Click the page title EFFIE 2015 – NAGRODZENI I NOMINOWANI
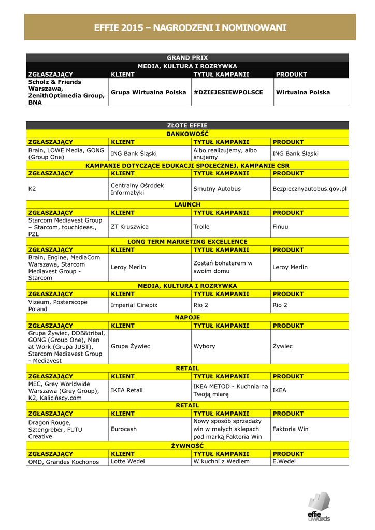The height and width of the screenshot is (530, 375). click(x=190, y=27)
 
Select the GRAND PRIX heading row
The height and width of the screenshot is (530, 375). click(x=187, y=57)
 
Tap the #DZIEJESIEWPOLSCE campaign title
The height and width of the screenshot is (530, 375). click(x=228, y=92)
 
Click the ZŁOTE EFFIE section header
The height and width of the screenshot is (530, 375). click(x=187, y=125)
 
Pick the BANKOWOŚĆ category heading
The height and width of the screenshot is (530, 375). click(x=187, y=134)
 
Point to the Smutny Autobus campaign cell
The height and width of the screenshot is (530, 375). click(x=217, y=189)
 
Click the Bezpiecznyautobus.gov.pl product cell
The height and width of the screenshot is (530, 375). click(x=309, y=189)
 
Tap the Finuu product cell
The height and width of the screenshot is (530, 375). click(x=280, y=227)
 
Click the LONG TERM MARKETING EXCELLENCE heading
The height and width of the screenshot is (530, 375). click(x=187, y=242)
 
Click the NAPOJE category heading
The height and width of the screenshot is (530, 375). click(x=187, y=317)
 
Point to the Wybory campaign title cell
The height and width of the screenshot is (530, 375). click(x=204, y=346)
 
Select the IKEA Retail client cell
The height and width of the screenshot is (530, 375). click(x=127, y=390)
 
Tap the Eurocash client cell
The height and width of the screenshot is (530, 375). click(x=124, y=429)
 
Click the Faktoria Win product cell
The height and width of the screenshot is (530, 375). click(x=290, y=429)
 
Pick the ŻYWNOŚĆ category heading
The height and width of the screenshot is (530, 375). click(x=187, y=446)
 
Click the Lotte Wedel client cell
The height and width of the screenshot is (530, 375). click(x=128, y=461)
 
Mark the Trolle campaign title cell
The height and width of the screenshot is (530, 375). click(x=201, y=227)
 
